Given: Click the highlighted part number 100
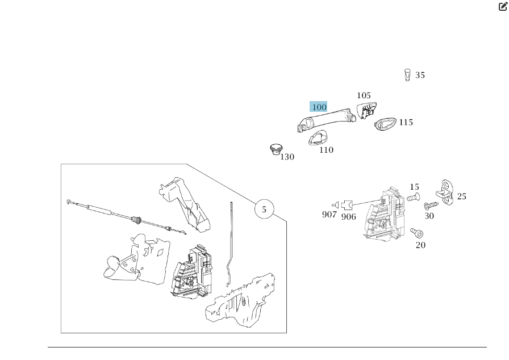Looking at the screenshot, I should point(319,107).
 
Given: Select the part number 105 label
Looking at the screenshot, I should point(364,95).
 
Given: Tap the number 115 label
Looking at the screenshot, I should point(406,122).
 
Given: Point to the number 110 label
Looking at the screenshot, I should point(326,150).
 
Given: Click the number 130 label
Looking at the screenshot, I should point(287,157).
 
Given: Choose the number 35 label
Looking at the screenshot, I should point(420,75).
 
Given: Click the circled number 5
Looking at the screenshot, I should point(264,210).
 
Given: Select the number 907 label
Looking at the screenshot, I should point(329,215).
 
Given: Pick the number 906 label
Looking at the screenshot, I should point(348,216).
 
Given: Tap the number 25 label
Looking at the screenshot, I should point(461,196).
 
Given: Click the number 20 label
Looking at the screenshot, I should point(420,245).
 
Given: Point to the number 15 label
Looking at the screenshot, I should point(414,187).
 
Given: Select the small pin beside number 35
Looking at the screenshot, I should point(407,74).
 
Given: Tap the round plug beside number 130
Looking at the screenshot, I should point(276,149).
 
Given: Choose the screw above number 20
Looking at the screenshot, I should point(418,233).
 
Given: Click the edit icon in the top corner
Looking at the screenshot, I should point(503,6).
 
